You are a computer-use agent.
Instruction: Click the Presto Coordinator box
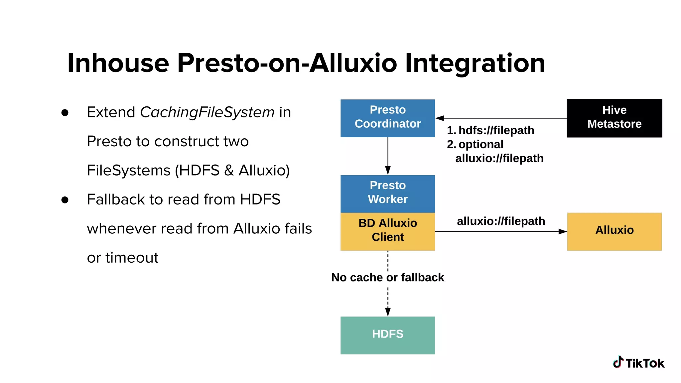pyautogui.click(x=387, y=118)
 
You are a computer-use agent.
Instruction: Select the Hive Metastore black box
pyautogui.click(x=614, y=118)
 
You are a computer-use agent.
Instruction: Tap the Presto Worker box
pyautogui.click(x=387, y=193)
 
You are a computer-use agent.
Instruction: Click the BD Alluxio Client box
pyautogui.click(x=387, y=231)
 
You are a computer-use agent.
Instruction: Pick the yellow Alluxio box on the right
pyautogui.click(x=614, y=231)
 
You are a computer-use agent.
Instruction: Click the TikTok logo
pyautogui.click(x=638, y=363)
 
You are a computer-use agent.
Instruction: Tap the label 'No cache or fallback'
pyautogui.click(x=387, y=277)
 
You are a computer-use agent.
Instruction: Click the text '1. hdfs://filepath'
pyautogui.click(x=491, y=130)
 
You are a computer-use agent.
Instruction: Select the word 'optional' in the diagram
pyautogui.click(x=481, y=144)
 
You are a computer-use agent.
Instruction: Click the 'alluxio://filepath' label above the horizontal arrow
pyautogui.click(x=501, y=221)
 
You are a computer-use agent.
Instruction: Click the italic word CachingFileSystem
pyautogui.click(x=207, y=112)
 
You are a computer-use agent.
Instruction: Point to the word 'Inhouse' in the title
pyautogui.click(x=118, y=63)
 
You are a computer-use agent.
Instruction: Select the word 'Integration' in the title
pyautogui.click(x=475, y=63)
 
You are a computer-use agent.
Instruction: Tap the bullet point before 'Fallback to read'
pyautogui.click(x=65, y=200)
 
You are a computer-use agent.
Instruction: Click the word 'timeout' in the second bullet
pyautogui.click(x=132, y=258)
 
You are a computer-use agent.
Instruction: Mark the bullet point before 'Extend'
pyautogui.click(x=65, y=113)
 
